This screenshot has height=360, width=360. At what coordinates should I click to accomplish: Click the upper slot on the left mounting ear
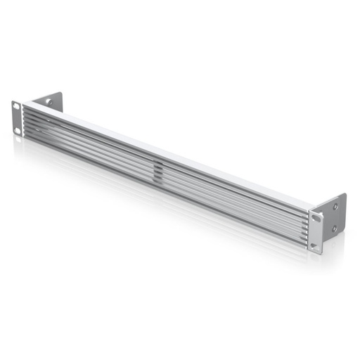point(15,107)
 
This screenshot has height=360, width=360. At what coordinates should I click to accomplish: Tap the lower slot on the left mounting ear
point(18,130)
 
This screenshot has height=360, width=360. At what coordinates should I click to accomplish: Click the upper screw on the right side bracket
point(335,206)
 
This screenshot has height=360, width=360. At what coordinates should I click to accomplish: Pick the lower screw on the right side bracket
point(335,228)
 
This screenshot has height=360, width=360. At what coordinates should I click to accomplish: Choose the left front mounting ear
point(17,118)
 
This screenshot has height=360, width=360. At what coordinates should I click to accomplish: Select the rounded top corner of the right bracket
point(343,195)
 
